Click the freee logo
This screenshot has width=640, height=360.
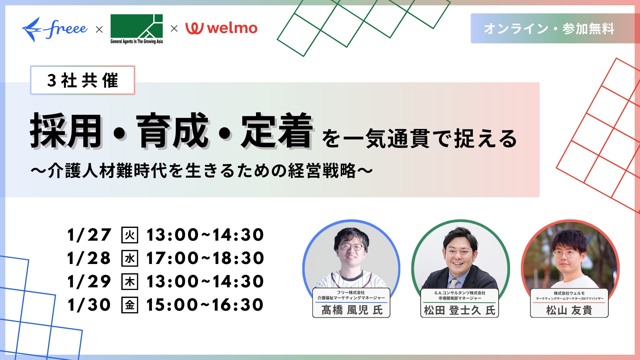click(x=55, y=29)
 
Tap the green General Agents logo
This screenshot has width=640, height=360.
click(x=137, y=29)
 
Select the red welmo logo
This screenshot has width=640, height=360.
click(x=221, y=28)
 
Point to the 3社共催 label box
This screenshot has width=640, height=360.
click(x=83, y=80)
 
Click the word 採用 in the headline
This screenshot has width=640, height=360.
click(x=66, y=131)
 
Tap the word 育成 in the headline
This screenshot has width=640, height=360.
click(x=172, y=131)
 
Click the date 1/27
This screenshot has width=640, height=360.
click(x=89, y=235)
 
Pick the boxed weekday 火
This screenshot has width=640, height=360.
click(x=130, y=235)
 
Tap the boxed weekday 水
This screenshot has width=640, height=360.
click(x=130, y=258)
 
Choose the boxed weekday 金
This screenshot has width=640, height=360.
click(x=130, y=305)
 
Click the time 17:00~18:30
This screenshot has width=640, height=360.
click(x=205, y=258)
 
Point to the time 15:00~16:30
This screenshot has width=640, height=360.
click(x=205, y=305)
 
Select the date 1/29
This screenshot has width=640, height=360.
click(x=89, y=281)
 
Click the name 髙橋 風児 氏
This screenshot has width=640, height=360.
click(x=352, y=310)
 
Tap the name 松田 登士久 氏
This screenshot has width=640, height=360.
click(x=460, y=310)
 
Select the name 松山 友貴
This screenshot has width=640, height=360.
click(x=569, y=310)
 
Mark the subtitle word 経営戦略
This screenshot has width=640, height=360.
click(x=323, y=171)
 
